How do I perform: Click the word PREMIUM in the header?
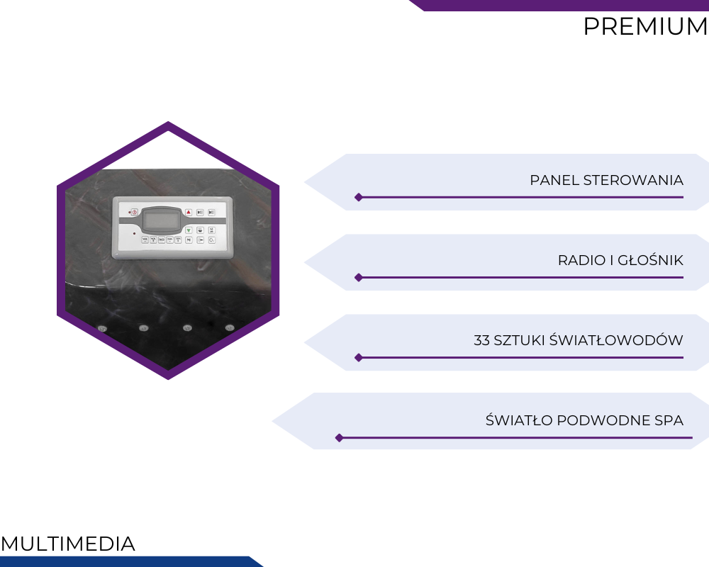click(646, 26)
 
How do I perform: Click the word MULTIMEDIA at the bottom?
click(68, 544)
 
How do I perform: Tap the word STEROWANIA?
click(633, 181)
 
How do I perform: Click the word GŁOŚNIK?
click(650, 260)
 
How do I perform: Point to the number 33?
click(481, 340)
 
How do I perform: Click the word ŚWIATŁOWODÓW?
click(616, 339)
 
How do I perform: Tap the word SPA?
click(669, 420)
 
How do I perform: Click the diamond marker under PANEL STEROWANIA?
click(359, 197)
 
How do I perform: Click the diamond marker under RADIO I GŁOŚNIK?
click(359, 277)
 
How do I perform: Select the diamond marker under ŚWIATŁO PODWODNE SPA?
click(339, 438)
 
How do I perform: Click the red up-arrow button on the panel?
click(189, 212)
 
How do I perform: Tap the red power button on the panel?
click(134, 212)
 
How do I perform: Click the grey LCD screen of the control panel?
click(161, 220)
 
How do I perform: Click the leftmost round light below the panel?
click(102, 329)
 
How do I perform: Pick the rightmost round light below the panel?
click(230, 327)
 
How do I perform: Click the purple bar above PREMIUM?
click(559, 6)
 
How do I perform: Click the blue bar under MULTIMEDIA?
click(131, 561)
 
